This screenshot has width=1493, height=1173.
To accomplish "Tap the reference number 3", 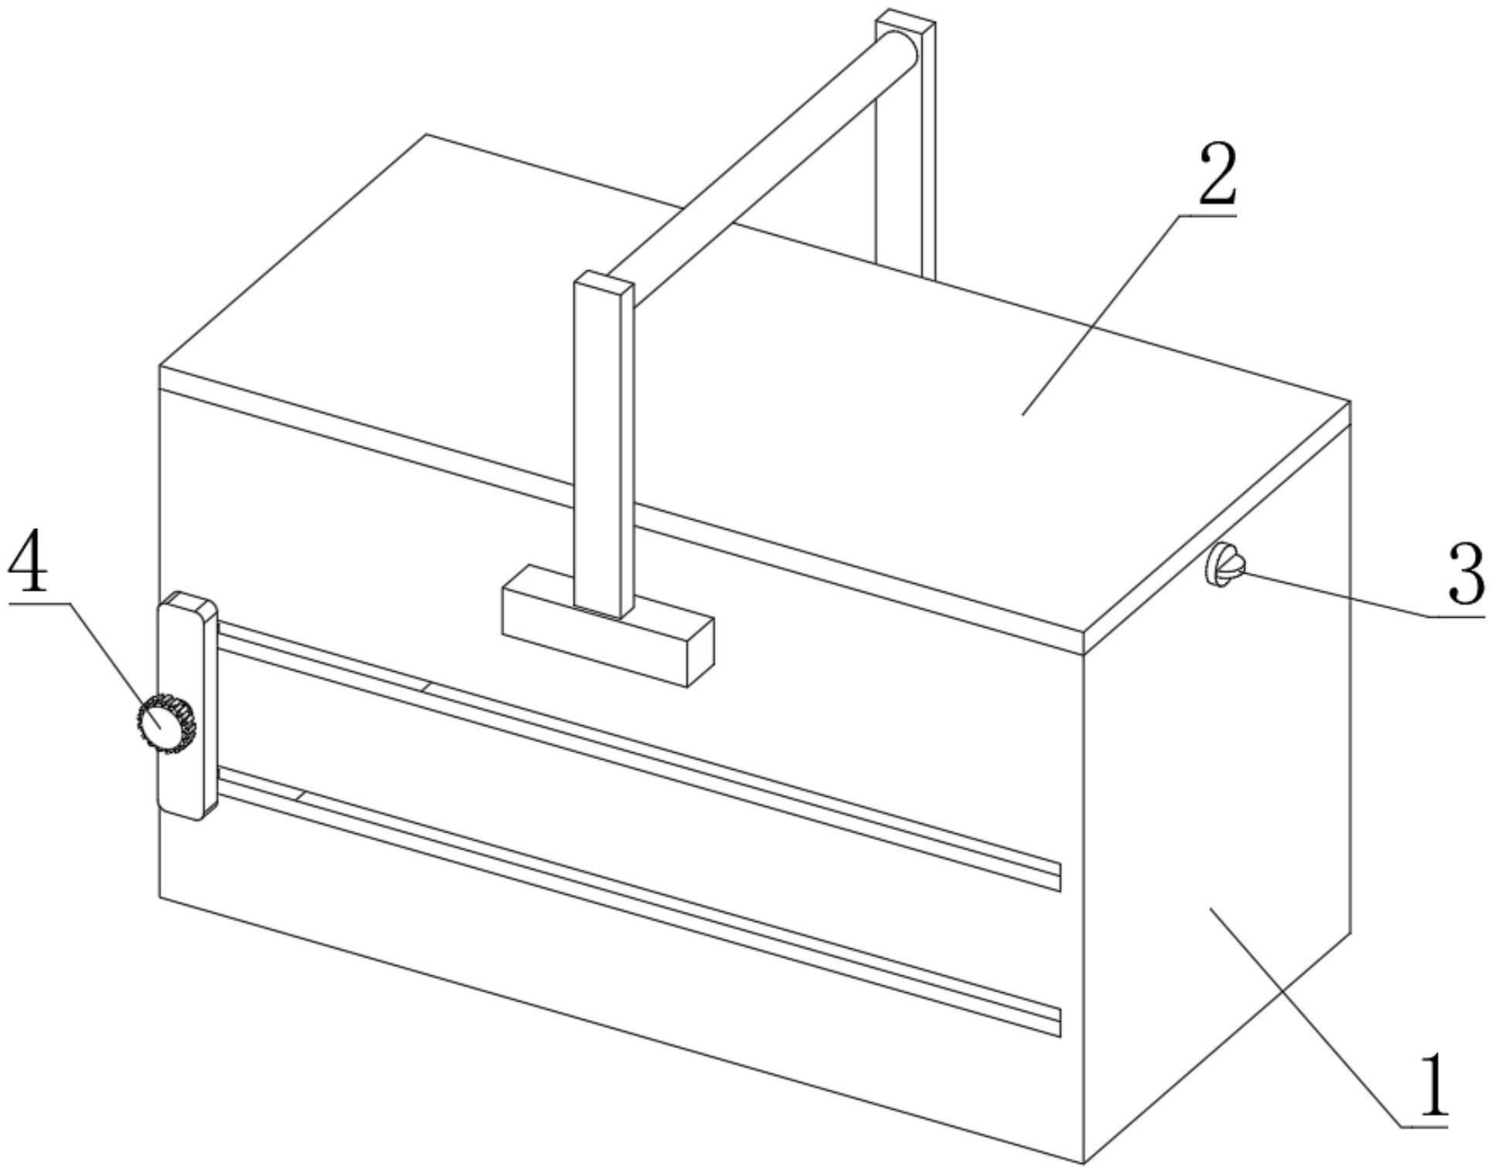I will [x=1466, y=575].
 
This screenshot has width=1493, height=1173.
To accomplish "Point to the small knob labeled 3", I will [x=1224, y=565].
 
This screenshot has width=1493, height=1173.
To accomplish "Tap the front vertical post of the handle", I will [x=604, y=448].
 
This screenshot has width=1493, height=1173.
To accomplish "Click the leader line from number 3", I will [x=1336, y=594].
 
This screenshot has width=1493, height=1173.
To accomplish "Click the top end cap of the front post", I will [x=604, y=280].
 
